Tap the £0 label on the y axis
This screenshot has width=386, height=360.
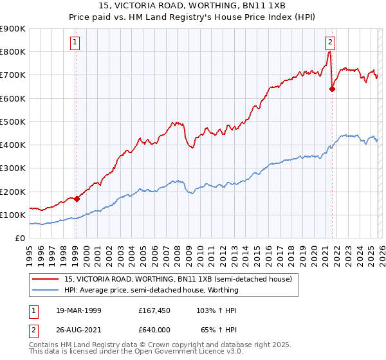pyautogui.click(x=21, y=239)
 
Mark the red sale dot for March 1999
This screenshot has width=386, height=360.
pyautogui.click(x=77, y=199)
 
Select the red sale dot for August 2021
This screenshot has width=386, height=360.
pyautogui.click(x=332, y=89)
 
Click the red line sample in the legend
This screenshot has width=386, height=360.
pyautogui.click(x=46, y=279)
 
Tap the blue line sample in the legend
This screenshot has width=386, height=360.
pyautogui.click(x=46, y=290)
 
